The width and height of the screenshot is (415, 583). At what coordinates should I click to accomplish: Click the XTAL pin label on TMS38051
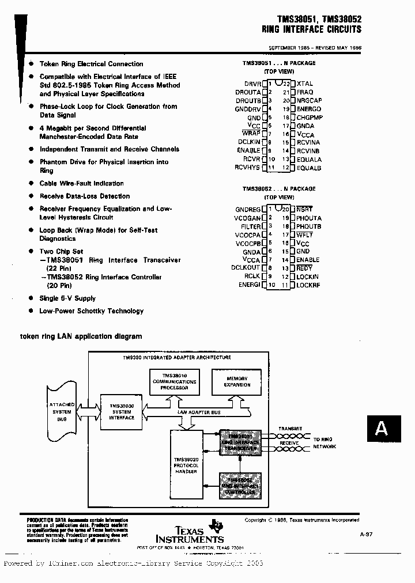coord(305,84)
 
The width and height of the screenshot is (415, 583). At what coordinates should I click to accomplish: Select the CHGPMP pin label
coord(310,118)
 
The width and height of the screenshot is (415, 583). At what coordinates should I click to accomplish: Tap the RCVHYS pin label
coord(248,168)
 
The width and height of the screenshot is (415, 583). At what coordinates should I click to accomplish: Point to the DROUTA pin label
coord(248,92)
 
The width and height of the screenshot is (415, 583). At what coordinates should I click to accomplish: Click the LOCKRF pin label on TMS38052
coord(308,285)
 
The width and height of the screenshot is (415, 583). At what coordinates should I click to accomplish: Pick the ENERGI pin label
coord(250,285)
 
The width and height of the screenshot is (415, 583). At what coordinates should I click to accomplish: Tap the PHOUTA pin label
coord(309,218)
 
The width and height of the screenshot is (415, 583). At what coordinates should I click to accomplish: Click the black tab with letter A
coord(382,429)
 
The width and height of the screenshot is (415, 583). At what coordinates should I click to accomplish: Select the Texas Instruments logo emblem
coord(216,525)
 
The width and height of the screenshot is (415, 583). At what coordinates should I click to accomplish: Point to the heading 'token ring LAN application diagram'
coord(81,336)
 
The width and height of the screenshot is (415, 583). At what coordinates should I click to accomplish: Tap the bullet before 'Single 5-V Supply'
coord(31,298)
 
